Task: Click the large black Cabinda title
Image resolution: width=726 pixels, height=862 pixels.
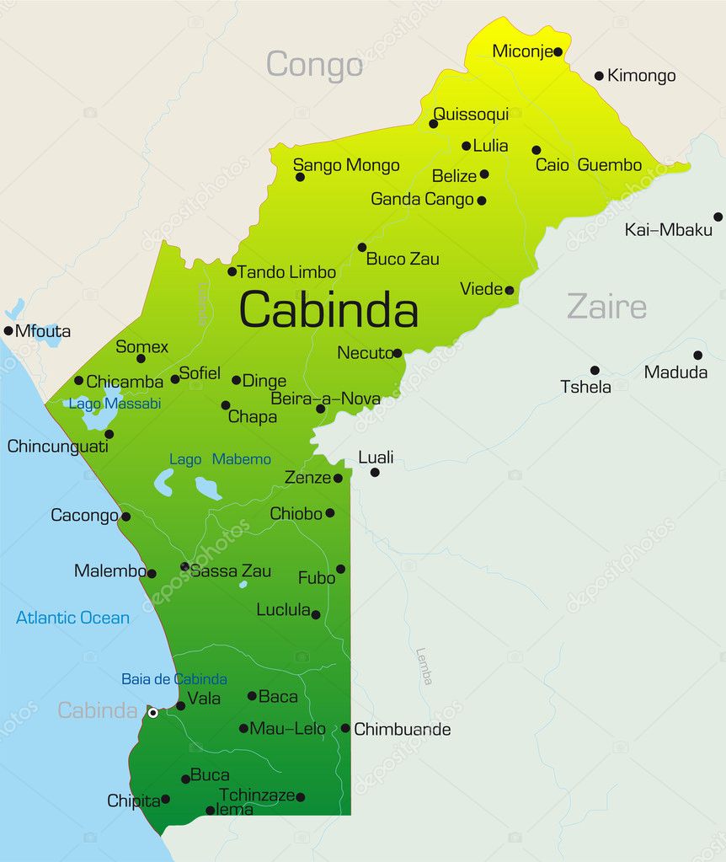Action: tap(328, 310)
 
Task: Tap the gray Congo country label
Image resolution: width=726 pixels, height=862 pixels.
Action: tap(314, 65)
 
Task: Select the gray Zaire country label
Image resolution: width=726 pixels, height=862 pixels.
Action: tap(606, 306)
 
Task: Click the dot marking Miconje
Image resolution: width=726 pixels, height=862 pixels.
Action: tap(558, 51)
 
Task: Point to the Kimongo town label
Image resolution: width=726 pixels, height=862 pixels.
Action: tap(642, 76)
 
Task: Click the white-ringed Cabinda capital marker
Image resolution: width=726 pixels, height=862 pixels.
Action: tap(152, 713)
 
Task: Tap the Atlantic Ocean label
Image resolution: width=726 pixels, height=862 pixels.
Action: tap(72, 618)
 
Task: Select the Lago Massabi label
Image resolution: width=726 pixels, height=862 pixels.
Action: tap(115, 404)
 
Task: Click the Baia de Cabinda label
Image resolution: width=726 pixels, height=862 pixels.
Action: tap(173, 679)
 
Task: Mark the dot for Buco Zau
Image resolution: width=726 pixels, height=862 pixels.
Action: tap(362, 247)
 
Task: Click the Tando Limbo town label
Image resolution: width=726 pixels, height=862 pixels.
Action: tap(286, 272)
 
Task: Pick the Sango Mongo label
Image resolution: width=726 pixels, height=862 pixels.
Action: tap(346, 165)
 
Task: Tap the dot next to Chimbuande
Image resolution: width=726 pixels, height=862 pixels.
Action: tap(345, 728)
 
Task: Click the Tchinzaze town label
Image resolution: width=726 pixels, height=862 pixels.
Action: tap(257, 795)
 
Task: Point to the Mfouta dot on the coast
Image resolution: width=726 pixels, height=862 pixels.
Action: tap(8, 330)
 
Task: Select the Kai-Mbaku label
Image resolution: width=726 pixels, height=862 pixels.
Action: tap(669, 229)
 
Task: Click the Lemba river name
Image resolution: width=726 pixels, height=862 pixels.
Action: tap(424, 666)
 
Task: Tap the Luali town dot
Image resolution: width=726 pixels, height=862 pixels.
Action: tap(375, 472)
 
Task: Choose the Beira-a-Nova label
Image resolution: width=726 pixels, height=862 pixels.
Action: tap(324, 399)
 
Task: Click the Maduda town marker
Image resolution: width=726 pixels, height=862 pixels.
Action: tap(697, 355)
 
